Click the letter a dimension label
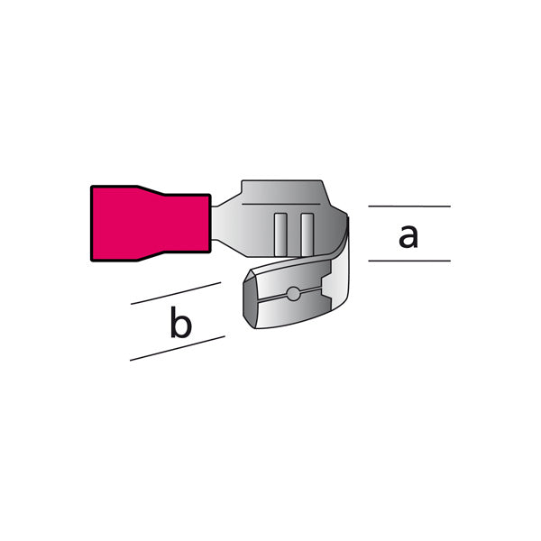click(x=408, y=236)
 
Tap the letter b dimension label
click(x=181, y=323)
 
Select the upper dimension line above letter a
click(x=409, y=206)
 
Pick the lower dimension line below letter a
click(x=409, y=261)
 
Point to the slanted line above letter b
click(x=176, y=293)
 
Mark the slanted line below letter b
click(x=178, y=348)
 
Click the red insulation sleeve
click(x=151, y=224)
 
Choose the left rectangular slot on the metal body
click(x=280, y=235)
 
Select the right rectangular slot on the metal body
click(x=307, y=235)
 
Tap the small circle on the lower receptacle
click(x=294, y=294)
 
